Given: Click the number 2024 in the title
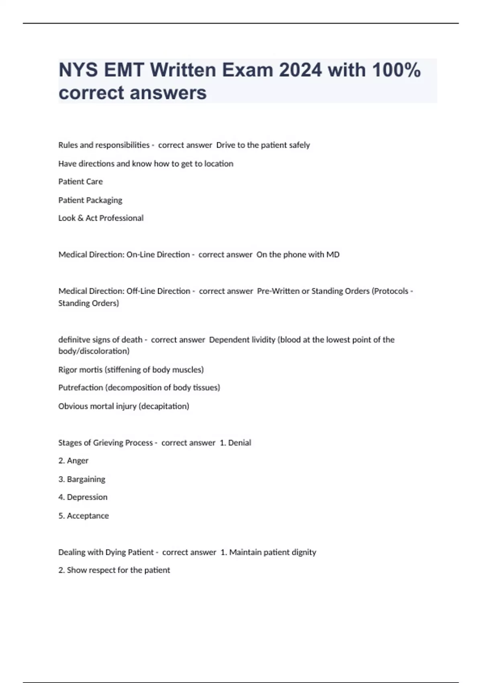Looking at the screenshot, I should point(300,70).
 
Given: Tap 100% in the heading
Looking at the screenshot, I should point(396,70).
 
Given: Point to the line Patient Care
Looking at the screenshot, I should point(80,182).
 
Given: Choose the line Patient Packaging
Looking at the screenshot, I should point(90,200).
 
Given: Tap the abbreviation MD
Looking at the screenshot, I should point(333,255).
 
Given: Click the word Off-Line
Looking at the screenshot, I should point(141,291).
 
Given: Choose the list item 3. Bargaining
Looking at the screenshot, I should point(82,479).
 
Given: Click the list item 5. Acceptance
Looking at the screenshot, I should point(84,516).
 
